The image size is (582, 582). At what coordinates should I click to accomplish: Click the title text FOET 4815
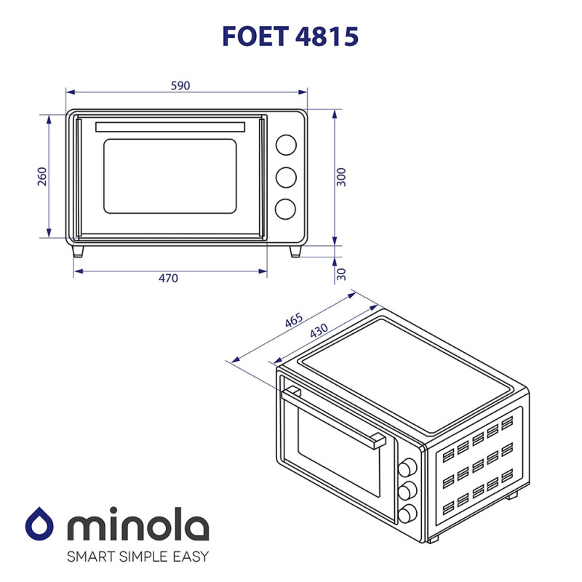[291, 36]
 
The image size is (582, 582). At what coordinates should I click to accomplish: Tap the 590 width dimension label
[180, 86]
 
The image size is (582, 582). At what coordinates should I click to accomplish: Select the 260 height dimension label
[42, 176]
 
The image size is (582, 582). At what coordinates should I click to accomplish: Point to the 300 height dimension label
[342, 177]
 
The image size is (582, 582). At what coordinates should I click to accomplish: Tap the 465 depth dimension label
[294, 322]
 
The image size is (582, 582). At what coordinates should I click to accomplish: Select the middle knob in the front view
[286, 177]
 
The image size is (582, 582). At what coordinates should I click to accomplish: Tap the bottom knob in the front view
[286, 209]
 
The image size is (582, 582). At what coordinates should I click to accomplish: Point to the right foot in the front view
[295, 250]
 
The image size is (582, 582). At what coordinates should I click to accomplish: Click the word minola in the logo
[137, 525]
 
